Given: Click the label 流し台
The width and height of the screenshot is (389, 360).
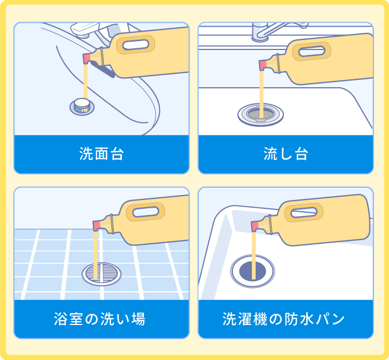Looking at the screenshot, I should (x=286, y=154).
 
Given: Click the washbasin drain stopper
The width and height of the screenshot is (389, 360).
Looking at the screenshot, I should (x=82, y=104).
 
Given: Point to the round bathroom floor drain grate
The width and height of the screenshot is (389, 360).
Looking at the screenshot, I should (x=101, y=273).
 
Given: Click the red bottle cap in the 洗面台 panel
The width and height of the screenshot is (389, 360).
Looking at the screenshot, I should (x=87, y=58).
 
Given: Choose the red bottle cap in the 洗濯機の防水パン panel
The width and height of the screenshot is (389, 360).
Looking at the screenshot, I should (x=256, y=225).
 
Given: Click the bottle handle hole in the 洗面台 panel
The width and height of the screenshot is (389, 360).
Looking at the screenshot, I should (x=133, y=43).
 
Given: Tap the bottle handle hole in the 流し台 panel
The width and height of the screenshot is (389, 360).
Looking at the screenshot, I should (x=315, y=52).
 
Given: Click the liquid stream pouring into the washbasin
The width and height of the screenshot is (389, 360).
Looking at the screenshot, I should (x=85, y=81).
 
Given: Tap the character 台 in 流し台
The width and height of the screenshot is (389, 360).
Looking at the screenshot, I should (x=301, y=154).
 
